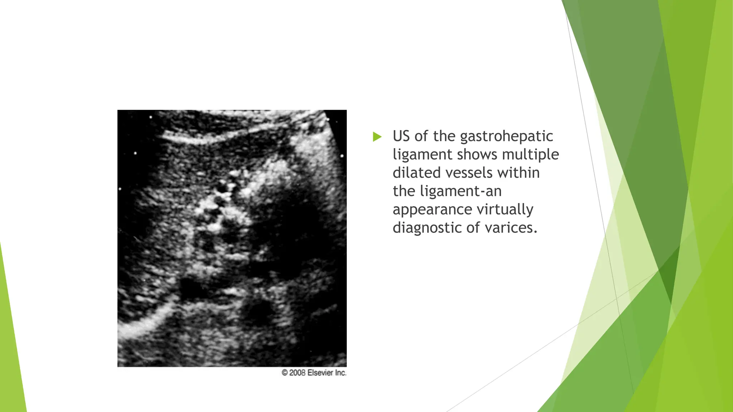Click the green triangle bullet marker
(x=377, y=137)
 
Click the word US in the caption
(x=401, y=136)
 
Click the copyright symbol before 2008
(x=285, y=373)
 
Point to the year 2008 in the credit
(x=297, y=373)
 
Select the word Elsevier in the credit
(x=321, y=373)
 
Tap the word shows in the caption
(x=477, y=154)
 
